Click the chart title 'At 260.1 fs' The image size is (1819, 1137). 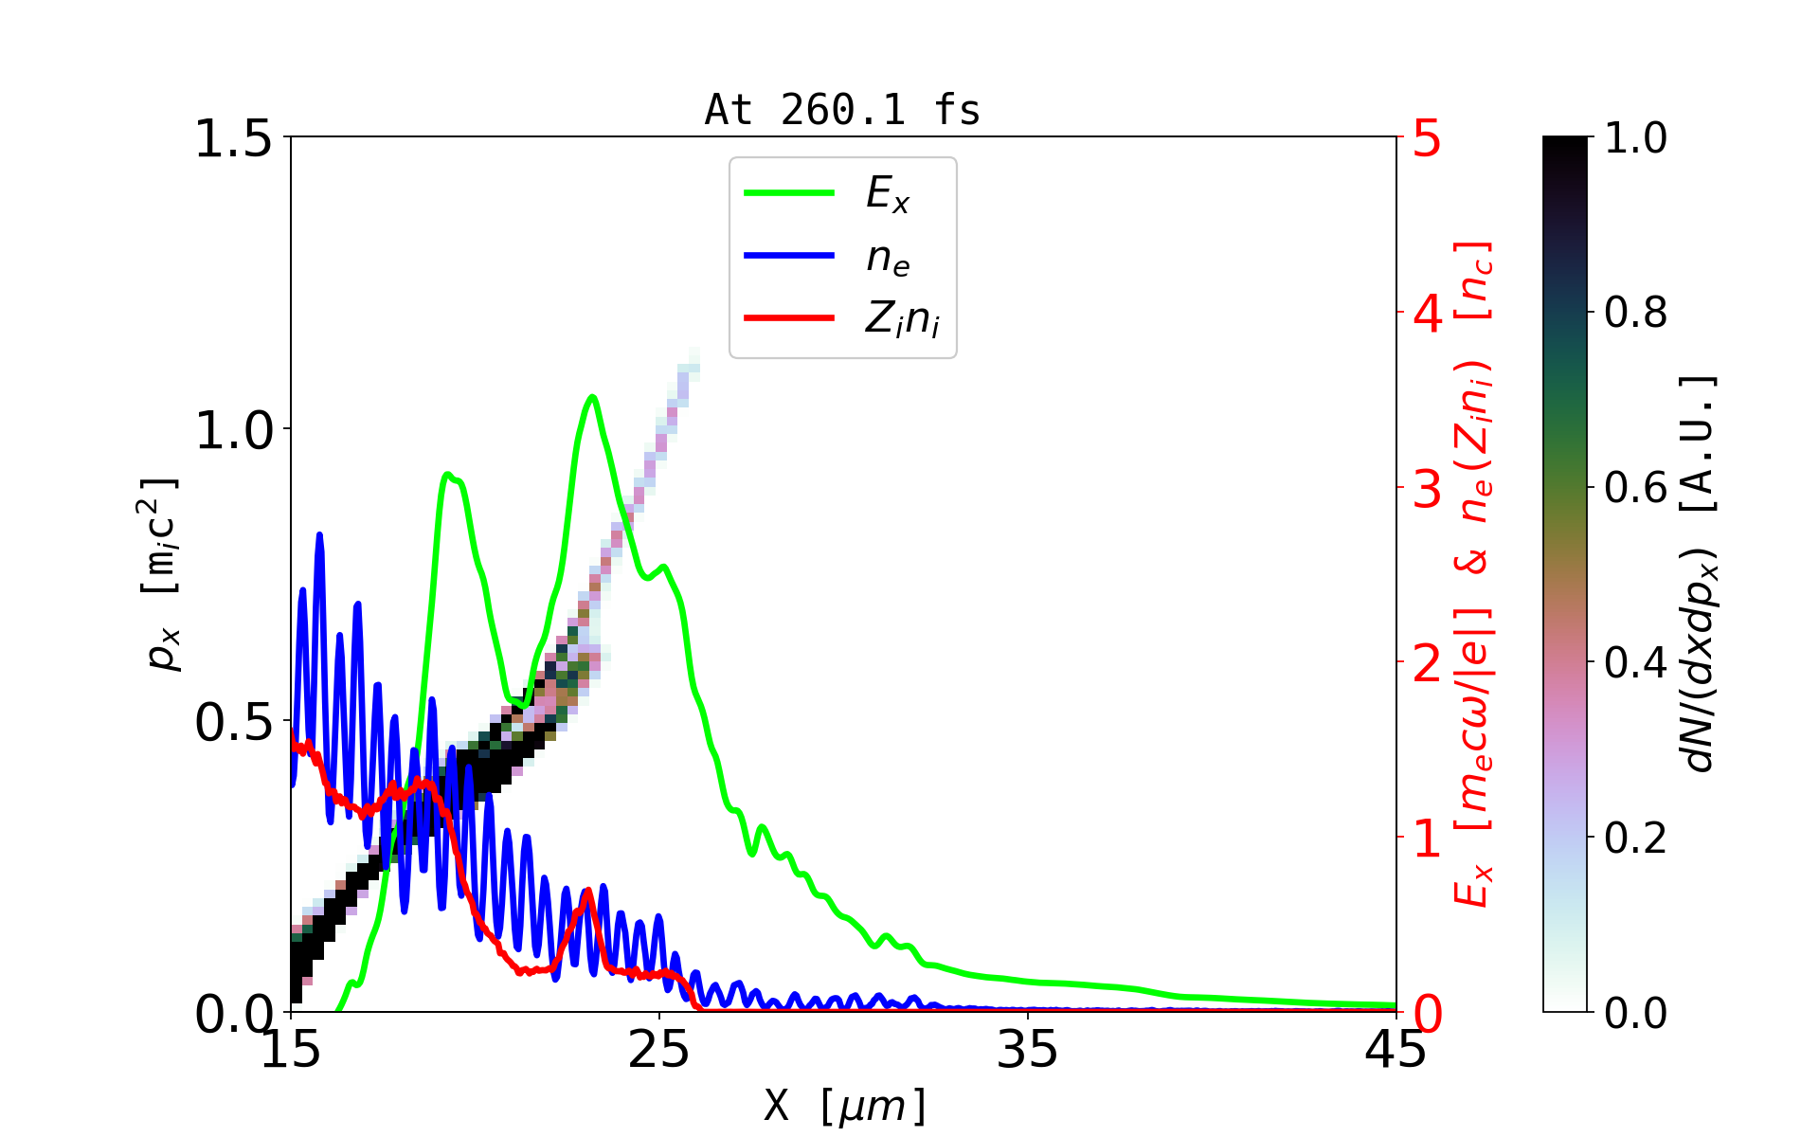pyautogui.click(x=842, y=111)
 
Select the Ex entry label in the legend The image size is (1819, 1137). pyautogui.click(x=888, y=194)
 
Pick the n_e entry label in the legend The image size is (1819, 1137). pyautogui.click(x=888, y=258)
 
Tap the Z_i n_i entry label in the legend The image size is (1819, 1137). pyautogui.click(x=902, y=319)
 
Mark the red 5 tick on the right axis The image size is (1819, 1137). pyautogui.click(x=1428, y=139)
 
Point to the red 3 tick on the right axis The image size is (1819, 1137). pyautogui.click(x=1428, y=489)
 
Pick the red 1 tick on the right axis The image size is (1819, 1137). pyautogui.click(x=1428, y=839)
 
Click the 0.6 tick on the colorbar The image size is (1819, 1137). pyautogui.click(x=1635, y=489)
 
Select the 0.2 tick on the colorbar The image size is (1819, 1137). pyautogui.click(x=1635, y=839)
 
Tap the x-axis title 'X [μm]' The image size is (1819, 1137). pyautogui.click(x=845, y=1106)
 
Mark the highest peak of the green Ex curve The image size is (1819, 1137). pyautogui.click(x=592, y=397)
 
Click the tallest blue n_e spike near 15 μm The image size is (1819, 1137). pyautogui.click(x=319, y=535)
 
